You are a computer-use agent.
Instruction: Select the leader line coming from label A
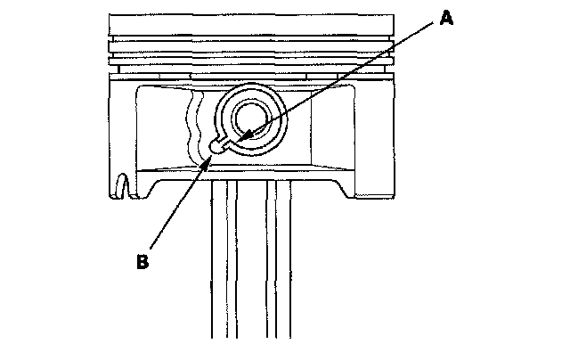tap(338, 80)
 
